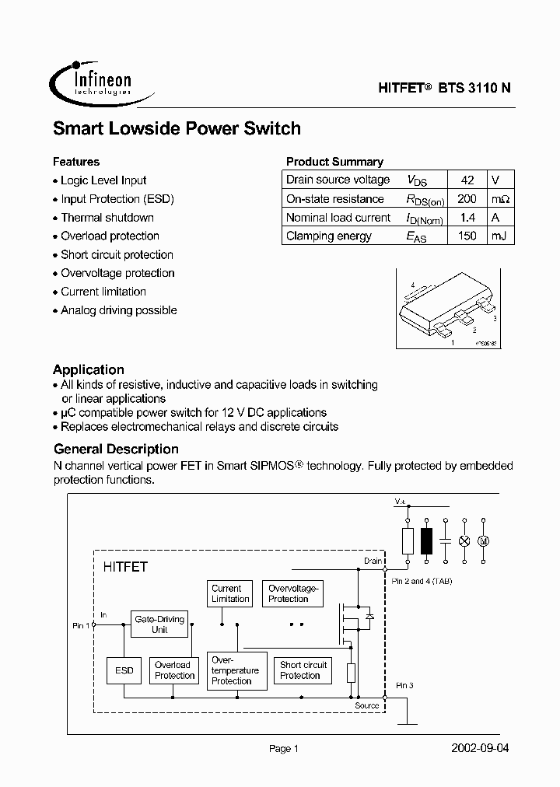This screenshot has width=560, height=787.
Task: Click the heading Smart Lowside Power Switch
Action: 177,129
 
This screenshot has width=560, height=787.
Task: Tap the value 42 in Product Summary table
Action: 467,180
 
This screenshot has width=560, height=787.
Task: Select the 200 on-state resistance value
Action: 467,198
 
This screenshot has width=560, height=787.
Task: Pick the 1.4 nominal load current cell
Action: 467,218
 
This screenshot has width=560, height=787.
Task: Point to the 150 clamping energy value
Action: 467,236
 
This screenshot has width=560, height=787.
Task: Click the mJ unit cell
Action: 499,236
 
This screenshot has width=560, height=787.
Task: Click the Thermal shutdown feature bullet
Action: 107,218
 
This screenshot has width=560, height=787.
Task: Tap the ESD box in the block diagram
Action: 124,670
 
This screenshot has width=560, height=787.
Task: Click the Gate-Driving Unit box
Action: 159,624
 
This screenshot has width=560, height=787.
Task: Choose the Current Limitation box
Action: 230,594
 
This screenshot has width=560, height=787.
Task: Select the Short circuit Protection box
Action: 303,670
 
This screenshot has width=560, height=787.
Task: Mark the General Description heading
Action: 116,449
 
